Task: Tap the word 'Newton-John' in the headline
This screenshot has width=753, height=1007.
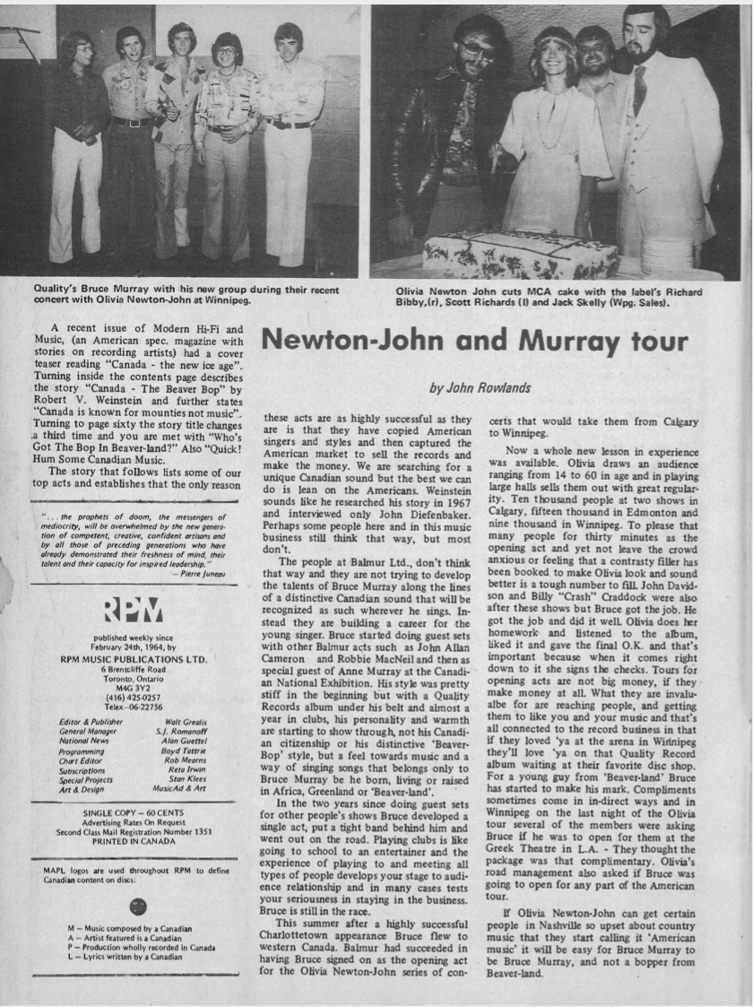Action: [368, 342]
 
